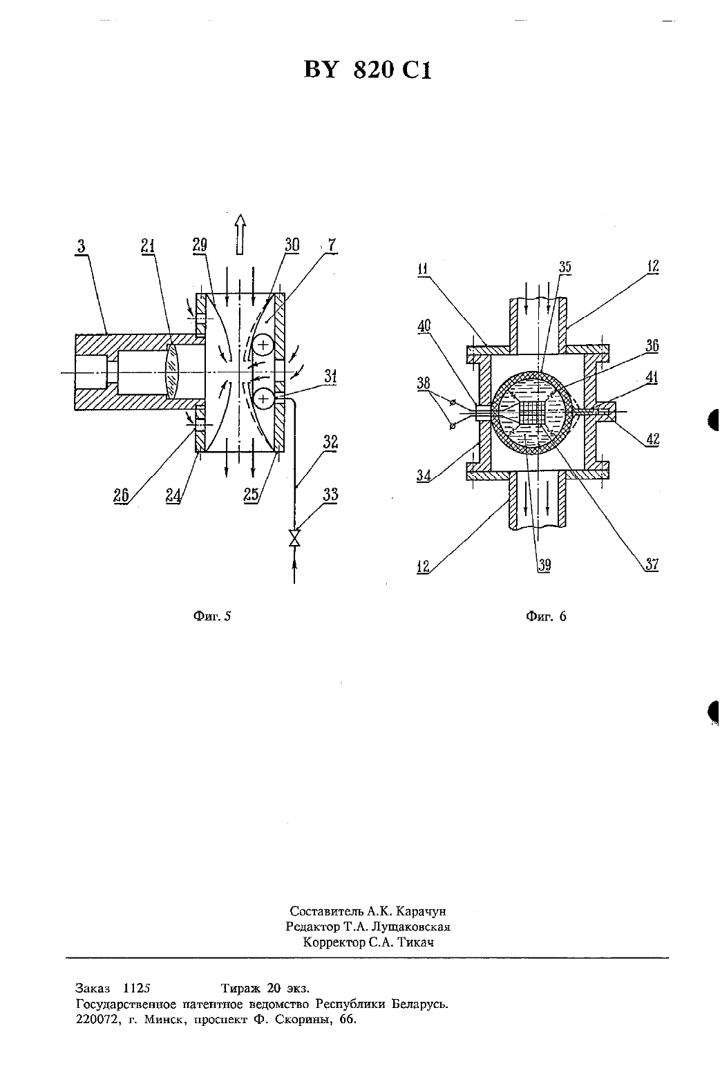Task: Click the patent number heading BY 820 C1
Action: click(x=368, y=70)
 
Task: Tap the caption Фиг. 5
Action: click(x=211, y=616)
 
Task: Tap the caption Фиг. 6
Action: click(x=546, y=616)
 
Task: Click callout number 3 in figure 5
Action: click(x=81, y=247)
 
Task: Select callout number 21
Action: click(x=148, y=246)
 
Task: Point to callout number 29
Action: click(x=200, y=245)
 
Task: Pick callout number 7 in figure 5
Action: click(x=332, y=245)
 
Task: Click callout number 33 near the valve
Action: click(x=331, y=494)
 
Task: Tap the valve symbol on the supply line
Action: click(x=294, y=537)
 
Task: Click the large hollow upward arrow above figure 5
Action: click(x=240, y=234)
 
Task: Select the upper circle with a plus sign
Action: click(x=263, y=344)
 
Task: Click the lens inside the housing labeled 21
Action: click(x=172, y=370)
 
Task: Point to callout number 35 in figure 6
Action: click(x=565, y=267)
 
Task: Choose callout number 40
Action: click(x=424, y=326)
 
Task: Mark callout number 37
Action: click(x=652, y=564)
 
